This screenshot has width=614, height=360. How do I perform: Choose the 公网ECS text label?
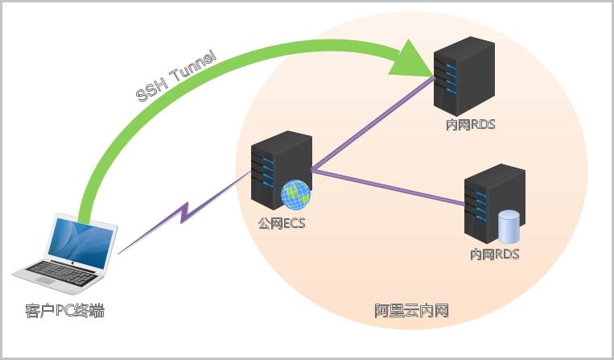pos(281,223)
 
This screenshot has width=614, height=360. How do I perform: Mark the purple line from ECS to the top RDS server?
pos(370,125)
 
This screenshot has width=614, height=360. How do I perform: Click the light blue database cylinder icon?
pos(509,226)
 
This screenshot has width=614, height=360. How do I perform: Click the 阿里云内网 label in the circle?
pos(411,310)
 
